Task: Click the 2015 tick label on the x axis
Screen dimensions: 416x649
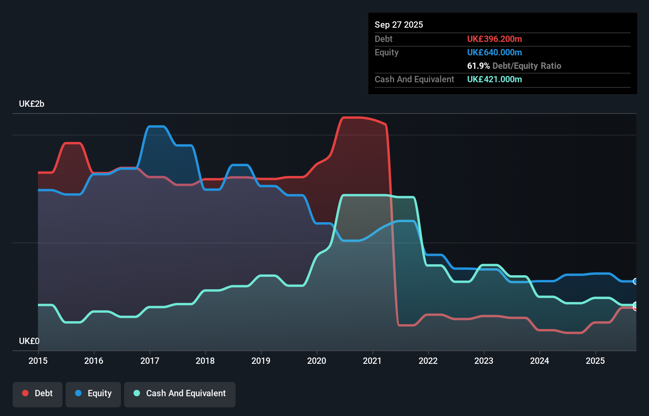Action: [38, 361]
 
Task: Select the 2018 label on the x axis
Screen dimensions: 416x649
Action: [205, 361]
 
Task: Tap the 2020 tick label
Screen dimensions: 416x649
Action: [317, 361]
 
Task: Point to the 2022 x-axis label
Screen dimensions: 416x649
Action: [428, 361]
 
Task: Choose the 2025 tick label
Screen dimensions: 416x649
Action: [595, 361]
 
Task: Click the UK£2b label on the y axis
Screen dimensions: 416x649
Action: [32, 104]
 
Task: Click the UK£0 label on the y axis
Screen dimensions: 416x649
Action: [29, 341]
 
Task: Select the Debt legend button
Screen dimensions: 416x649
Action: [38, 393]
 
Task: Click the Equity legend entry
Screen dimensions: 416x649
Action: [93, 393]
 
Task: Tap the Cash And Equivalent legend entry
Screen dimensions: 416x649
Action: [180, 393]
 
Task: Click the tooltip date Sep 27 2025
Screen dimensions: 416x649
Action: [398, 25]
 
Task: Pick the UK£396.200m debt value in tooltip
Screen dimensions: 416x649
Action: [494, 39]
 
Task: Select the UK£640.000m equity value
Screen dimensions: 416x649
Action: [494, 52]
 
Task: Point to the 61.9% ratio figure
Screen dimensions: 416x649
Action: [478, 66]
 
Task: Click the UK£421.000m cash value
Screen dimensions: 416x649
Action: [494, 79]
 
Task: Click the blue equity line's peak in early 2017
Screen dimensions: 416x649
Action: [156, 127]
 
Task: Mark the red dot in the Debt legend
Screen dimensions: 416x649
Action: [25, 393]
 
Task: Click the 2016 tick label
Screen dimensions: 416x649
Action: [94, 361]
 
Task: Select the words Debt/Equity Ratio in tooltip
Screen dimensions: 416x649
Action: [526, 66]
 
